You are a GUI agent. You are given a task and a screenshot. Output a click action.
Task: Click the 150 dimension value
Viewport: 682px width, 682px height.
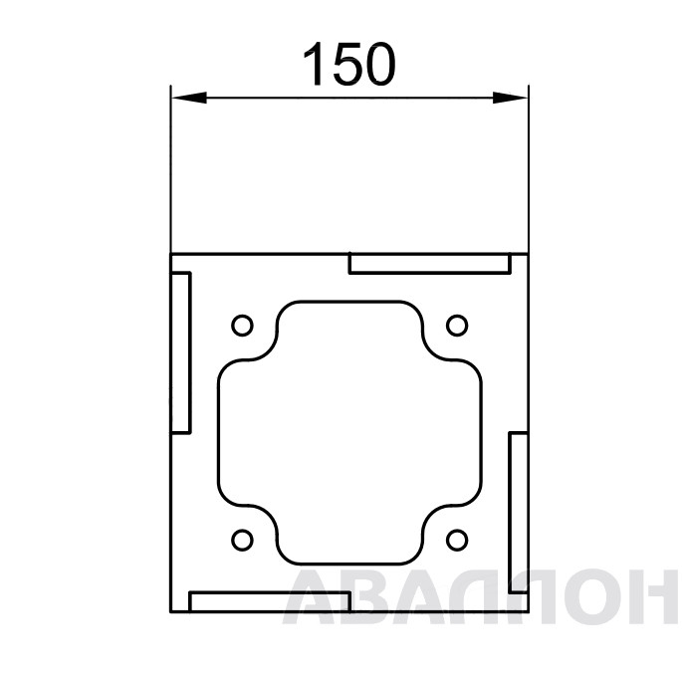tap(349, 64)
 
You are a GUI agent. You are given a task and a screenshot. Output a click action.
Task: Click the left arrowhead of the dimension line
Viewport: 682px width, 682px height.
tap(189, 98)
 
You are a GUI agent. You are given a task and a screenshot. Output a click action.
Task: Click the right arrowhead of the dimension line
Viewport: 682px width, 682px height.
tap(510, 98)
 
